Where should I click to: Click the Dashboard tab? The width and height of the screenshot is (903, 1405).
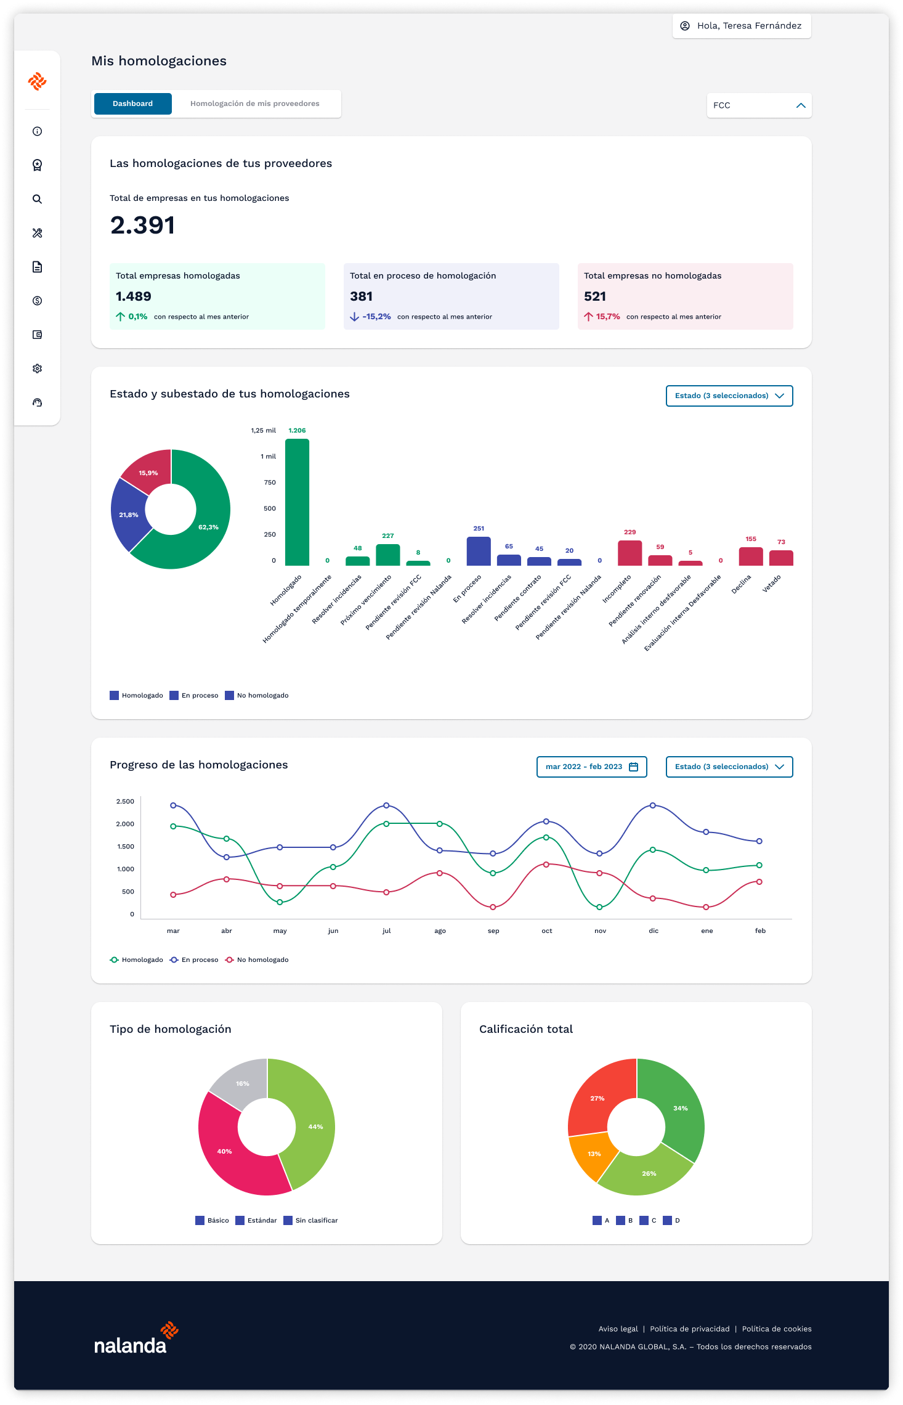[132, 104]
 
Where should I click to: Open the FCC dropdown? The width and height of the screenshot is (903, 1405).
[759, 105]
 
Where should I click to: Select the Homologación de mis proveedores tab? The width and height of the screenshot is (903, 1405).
[255, 104]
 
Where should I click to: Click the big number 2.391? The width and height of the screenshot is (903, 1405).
[143, 226]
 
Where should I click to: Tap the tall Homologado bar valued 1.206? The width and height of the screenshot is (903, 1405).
[297, 502]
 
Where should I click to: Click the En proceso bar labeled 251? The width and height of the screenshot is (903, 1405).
[479, 551]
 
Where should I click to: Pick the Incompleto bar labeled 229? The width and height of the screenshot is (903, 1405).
[630, 553]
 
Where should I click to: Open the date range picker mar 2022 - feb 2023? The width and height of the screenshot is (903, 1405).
[592, 767]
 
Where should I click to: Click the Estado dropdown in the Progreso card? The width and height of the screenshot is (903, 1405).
[729, 767]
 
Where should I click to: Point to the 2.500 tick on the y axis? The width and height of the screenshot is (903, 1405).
[125, 801]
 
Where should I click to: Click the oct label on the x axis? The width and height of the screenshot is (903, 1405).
[547, 931]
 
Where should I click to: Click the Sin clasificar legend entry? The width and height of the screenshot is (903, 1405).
[310, 1220]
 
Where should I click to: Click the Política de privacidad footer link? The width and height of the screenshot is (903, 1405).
[690, 1329]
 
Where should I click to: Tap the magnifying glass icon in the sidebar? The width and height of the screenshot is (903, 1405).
[38, 199]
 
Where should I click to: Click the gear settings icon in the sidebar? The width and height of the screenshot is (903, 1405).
[38, 369]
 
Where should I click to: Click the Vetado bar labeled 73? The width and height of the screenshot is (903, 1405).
[781, 558]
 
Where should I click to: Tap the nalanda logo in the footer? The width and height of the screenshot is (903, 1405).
[136, 1338]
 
